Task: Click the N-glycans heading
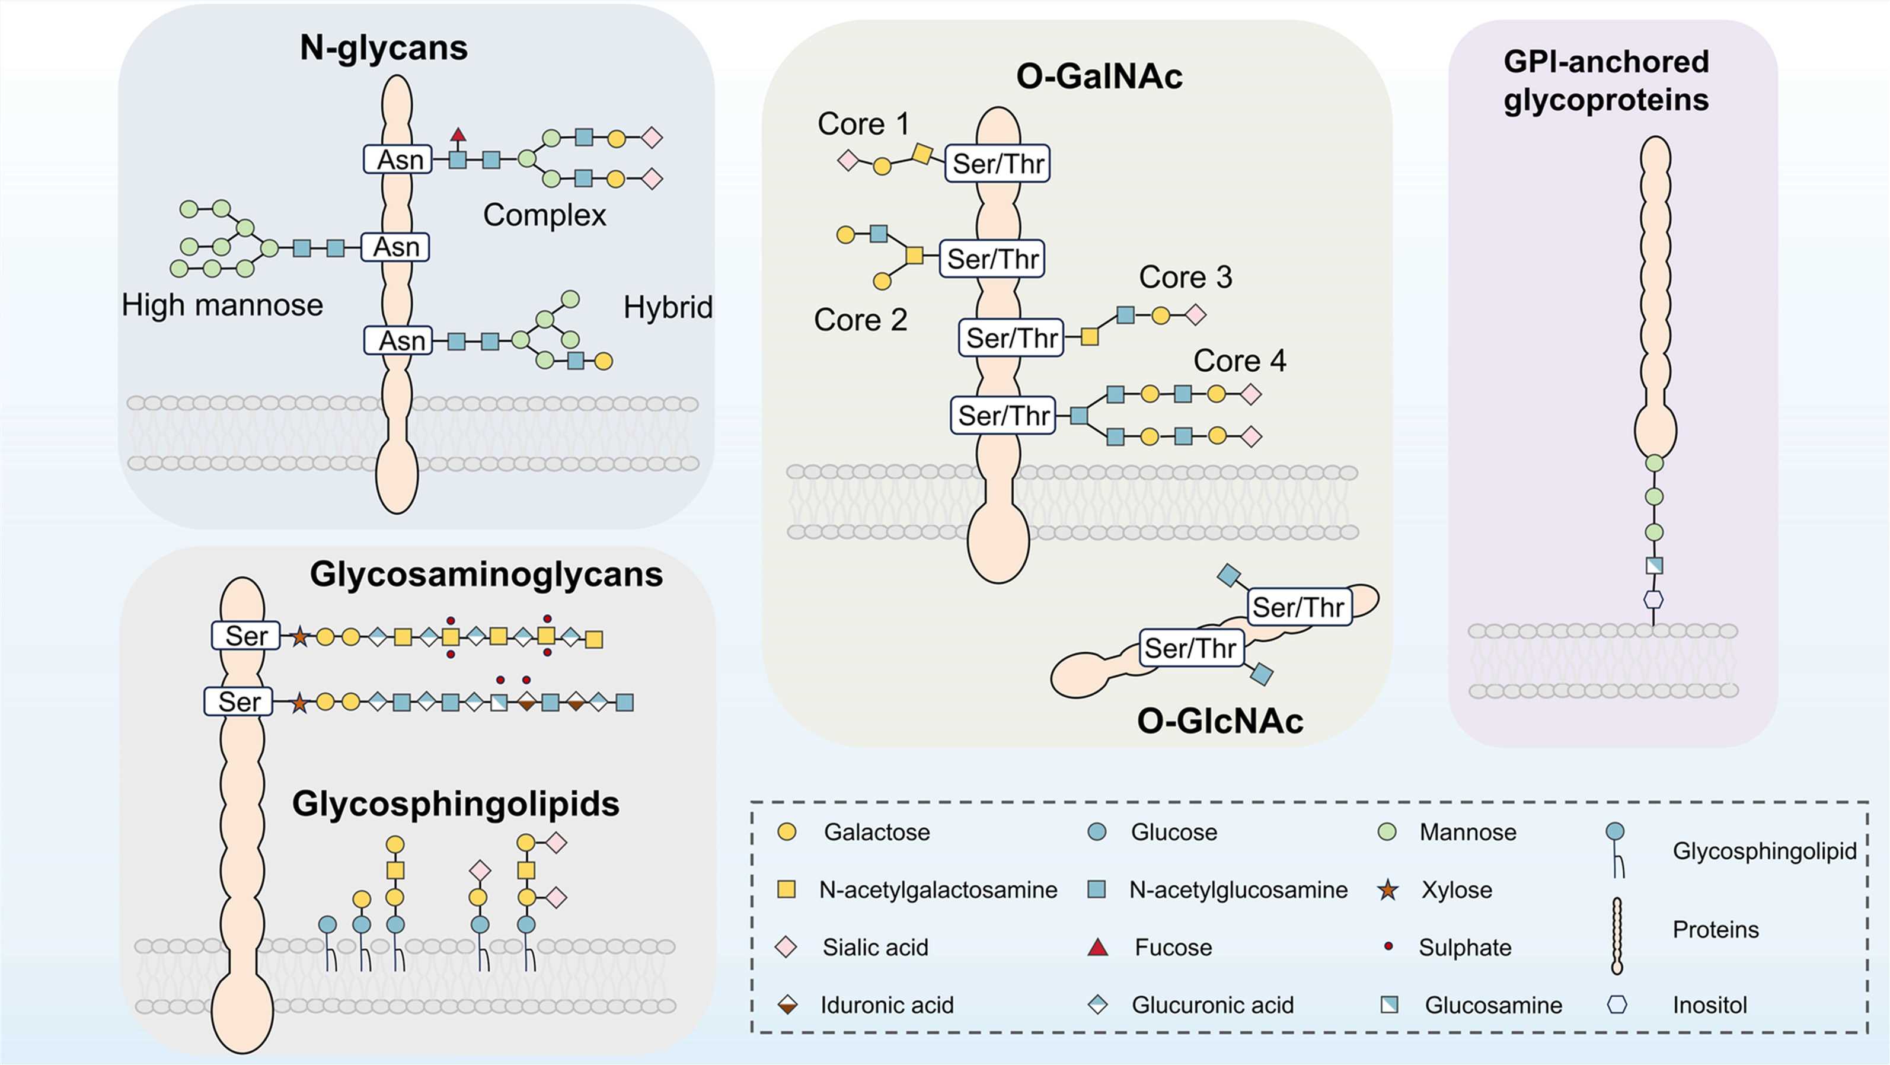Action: (384, 49)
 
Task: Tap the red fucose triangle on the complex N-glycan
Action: (458, 135)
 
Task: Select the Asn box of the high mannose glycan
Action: (395, 247)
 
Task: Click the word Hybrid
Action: (667, 308)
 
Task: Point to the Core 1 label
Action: (864, 124)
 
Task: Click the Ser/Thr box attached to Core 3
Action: (1011, 339)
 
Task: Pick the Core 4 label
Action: (1239, 361)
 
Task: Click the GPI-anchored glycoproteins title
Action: (1605, 81)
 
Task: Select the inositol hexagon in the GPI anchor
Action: (1653, 600)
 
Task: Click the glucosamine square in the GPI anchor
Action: (1654, 566)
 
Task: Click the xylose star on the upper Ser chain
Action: (299, 637)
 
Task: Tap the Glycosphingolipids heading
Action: (456, 803)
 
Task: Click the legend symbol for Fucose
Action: (1097, 948)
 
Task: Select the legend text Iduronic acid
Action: (886, 1005)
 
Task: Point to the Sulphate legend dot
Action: (1387, 947)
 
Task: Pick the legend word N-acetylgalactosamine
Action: (938, 890)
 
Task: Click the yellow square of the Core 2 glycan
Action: (914, 256)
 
